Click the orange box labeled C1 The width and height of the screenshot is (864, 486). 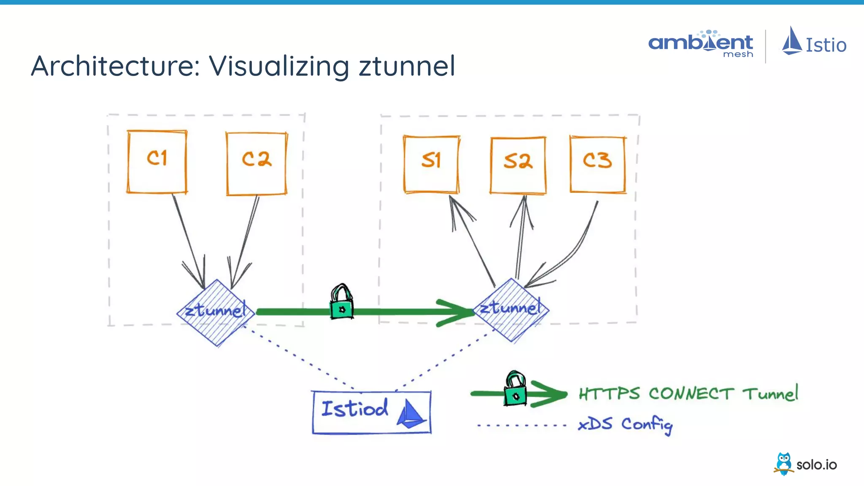[x=157, y=162]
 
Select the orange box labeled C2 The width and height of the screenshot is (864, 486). [x=256, y=164]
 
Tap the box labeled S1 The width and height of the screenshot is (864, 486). [x=431, y=164]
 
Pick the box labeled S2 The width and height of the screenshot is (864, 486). [x=518, y=165]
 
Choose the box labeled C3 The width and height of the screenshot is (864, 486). [x=597, y=164]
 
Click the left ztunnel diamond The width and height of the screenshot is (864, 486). [x=216, y=313]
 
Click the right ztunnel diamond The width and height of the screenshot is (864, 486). [x=511, y=310]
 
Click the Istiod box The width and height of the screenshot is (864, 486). [x=371, y=412]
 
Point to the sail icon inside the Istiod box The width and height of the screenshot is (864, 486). [x=410, y=414]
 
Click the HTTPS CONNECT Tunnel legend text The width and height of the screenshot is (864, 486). [x=688, y=394]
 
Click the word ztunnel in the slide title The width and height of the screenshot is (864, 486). [x=407, y=66]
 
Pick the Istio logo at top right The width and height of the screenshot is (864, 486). [x=814, y=42]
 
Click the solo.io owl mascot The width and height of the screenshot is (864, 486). [x=784, y=464]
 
